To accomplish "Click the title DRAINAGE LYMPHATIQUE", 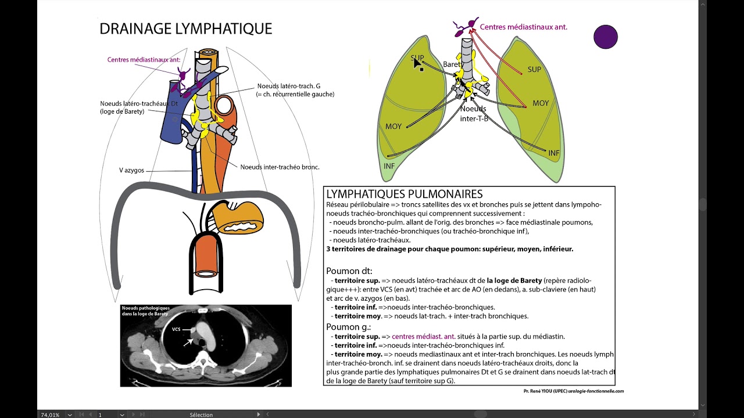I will pos(185,29).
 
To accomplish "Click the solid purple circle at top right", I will pos(605,37).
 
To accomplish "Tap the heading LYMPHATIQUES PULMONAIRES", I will pos(404,194).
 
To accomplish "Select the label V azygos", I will pos(131,171).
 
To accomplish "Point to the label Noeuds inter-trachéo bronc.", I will pos(280,167).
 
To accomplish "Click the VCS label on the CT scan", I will pos(176,329).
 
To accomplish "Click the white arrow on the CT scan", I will pos(188,342).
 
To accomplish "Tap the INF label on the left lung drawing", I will pos(389,166).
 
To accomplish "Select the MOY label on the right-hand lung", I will pos(541,104).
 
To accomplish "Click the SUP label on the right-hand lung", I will pos(534,70).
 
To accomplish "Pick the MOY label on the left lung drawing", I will pos(394,127).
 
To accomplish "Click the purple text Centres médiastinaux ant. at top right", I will pos(523,27).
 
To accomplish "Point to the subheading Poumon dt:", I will pos(349,271).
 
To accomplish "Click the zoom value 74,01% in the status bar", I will pos(51,415).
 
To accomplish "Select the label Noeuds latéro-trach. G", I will pos(289,86).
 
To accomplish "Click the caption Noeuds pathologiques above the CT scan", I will pos(145,308).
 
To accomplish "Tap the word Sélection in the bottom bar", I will pos(201,415).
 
